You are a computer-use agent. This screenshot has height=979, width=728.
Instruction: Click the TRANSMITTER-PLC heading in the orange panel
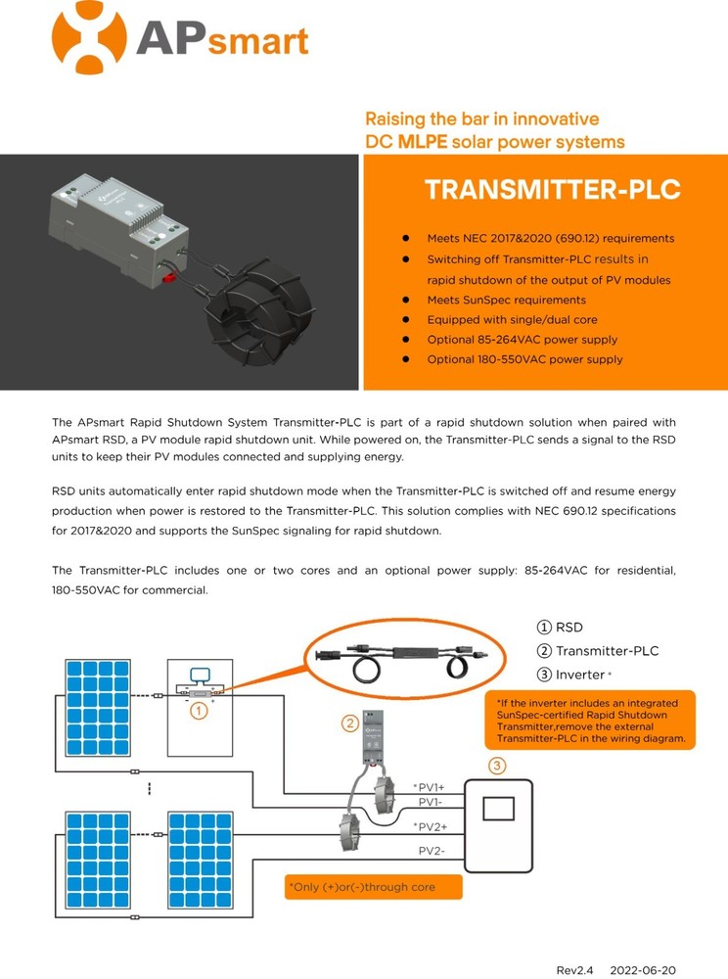pyautogui.click(x=553, y=190)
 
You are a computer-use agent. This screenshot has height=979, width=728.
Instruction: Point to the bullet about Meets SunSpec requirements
pyautogui.click(x=506, y=300)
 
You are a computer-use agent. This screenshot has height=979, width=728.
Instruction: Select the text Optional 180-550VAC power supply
pyautogui.click(x=524, y=359)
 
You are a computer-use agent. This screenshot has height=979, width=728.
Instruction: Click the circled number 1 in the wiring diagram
pyautogui.click(x=198, y=711)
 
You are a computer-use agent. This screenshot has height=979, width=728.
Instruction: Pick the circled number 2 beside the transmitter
pyautogui.click(x=349, y=723)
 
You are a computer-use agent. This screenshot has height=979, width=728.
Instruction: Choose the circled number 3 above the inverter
pyautogui.click(x=497, y=765)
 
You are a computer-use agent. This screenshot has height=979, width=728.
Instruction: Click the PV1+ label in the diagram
pyautogui.click(x=431, y=787)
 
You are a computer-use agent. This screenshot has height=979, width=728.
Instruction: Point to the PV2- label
pyautogui.click(x=432, y=851)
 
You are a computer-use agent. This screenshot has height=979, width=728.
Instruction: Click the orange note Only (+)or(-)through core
pyautogui.click(x=373, y=887)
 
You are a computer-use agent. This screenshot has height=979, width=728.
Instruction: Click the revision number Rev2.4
pyautogui.click(x=575, y=969)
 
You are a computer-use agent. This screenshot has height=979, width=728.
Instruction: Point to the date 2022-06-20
pyautogui.click(x=642, y=969)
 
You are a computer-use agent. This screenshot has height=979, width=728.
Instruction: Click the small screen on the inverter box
pyautogui.click(x=500, y=809)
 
